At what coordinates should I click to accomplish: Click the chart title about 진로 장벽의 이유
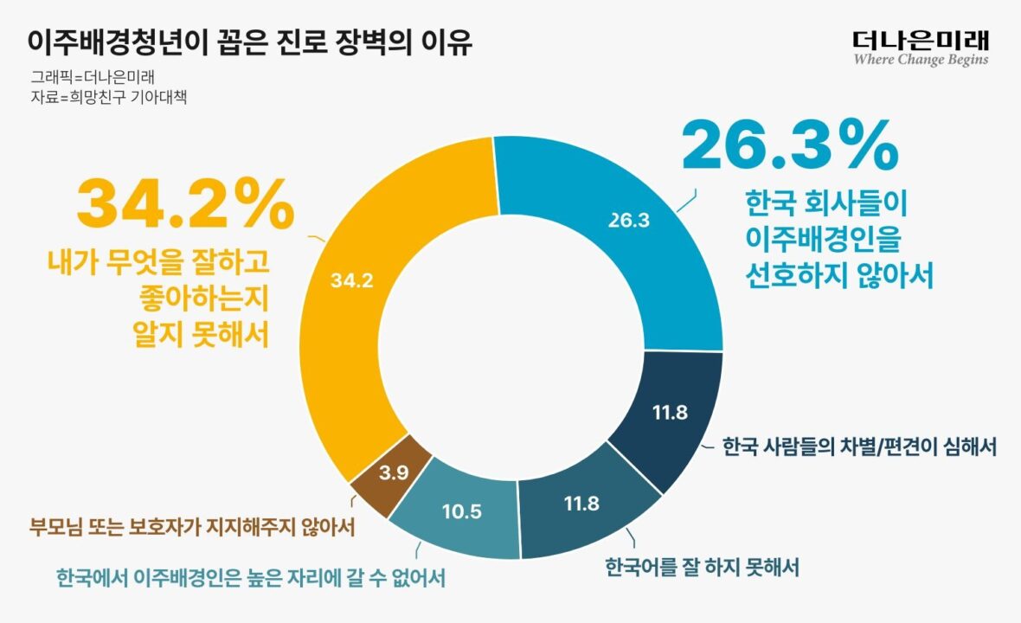(x=250, y=42)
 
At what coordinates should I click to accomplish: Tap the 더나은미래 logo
(x=921, y=39)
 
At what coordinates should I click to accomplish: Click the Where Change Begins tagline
(x=921, y=61)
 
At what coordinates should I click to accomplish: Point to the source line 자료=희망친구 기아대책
(x=109, y=97)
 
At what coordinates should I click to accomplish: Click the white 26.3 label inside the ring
(x=628, y=221)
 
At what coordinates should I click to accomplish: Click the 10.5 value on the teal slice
(x=461, y=511)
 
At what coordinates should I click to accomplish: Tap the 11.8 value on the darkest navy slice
(x=670, y=413)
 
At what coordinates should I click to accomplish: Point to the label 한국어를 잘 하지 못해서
(x=701, y=568)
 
